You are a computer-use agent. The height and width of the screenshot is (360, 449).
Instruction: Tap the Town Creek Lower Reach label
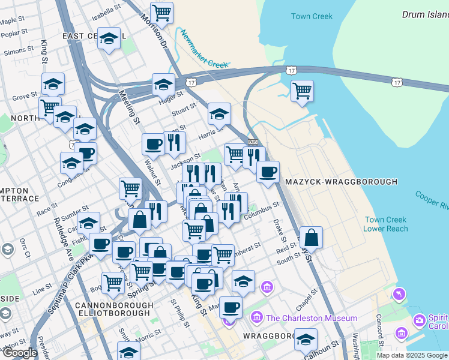385,224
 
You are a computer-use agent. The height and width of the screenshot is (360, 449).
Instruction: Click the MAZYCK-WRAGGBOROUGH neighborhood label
342,181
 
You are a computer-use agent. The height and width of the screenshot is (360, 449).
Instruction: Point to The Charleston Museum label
312,318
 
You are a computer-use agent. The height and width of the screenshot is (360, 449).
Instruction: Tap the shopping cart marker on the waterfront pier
302,91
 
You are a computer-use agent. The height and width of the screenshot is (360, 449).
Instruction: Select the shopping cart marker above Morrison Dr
161,12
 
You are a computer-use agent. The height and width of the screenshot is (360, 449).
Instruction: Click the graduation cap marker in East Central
108,38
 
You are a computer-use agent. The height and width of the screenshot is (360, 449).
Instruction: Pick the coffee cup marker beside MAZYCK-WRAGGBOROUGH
268,172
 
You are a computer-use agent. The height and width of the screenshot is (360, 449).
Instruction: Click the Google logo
20,353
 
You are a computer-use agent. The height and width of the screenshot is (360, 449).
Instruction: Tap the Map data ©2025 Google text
411,355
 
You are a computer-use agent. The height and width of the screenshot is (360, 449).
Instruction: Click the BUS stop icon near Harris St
253,142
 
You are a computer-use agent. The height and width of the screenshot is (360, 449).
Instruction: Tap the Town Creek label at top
312,16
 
